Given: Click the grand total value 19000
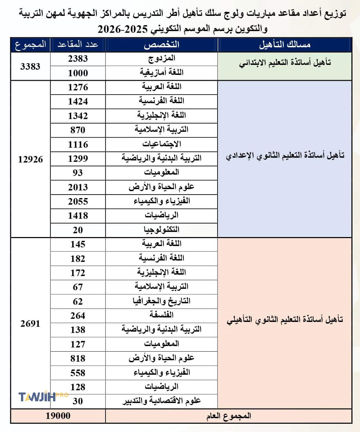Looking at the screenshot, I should (x=58, y=416).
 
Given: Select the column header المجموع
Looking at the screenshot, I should (x=30, y=45).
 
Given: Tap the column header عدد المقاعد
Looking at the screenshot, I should (x=78, y=45).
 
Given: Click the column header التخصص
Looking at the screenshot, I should (x=161, y=45).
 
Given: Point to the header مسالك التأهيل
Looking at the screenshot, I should (x=285, y=45).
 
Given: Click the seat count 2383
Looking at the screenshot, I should (x=78, y=59).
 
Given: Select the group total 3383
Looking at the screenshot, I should (x=30, y=66).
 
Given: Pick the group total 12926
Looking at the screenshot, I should (x=30, y=159).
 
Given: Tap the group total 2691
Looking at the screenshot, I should (x=30, y=324).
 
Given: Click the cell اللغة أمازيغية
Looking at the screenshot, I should (x=161, y=73).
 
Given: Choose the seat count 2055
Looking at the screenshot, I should (x=78, y=202).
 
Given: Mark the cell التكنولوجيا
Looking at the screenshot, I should (x=161, y=230).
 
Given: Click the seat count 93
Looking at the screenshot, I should (x=78, y=173).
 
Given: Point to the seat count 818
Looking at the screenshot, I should (x=78, y=359).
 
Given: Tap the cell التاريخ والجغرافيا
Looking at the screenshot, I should (x=161, y=301).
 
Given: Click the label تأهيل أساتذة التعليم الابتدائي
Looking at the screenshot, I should (x=285, y=62).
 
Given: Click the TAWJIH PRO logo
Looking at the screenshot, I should (x=43, y=397).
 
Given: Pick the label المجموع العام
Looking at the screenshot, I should (x=229, y=416).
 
